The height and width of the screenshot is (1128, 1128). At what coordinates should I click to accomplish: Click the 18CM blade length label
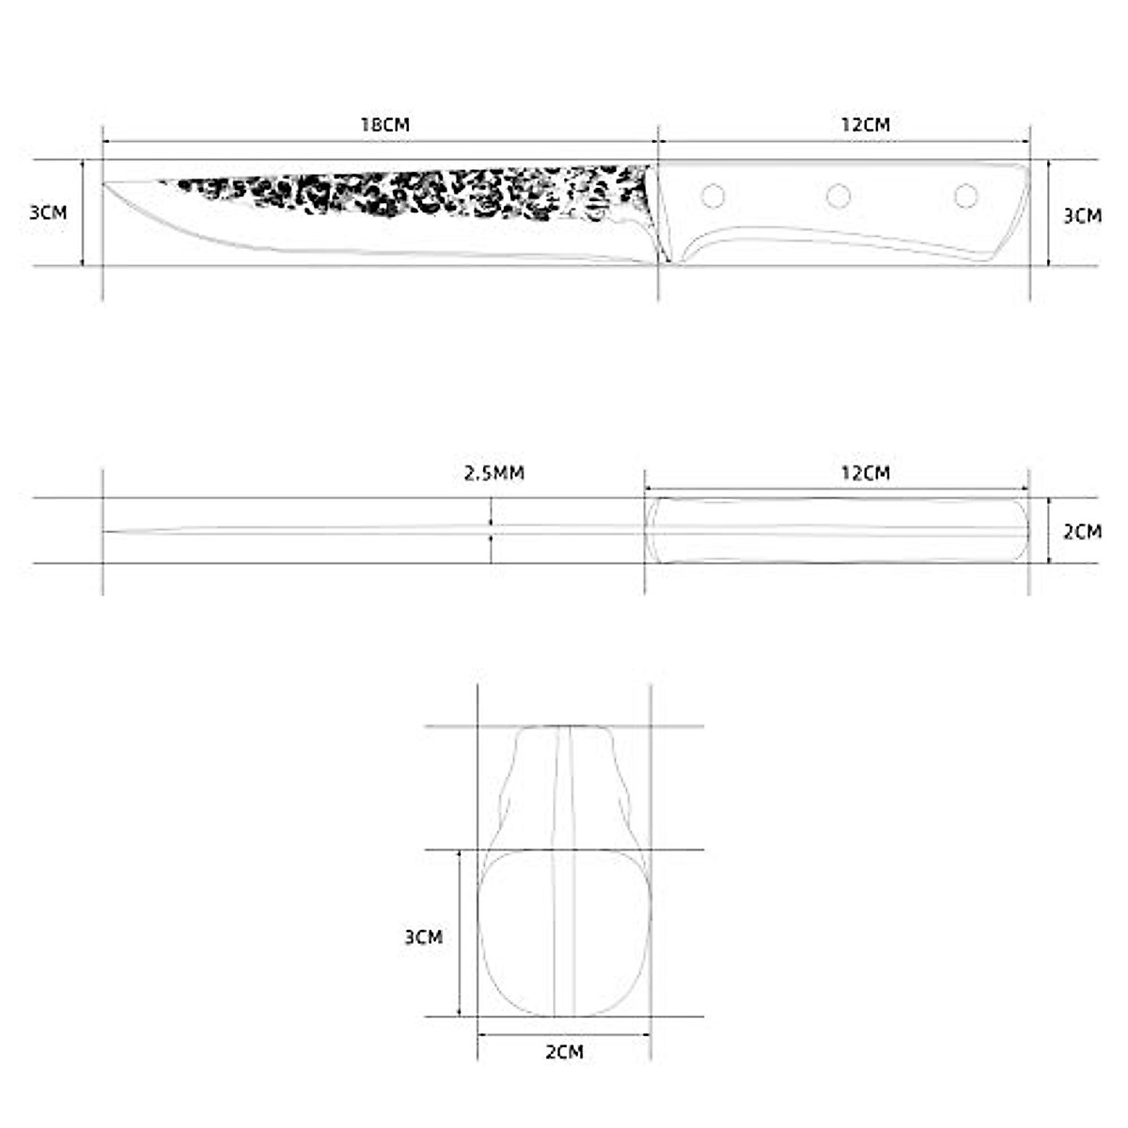tap(385, 124)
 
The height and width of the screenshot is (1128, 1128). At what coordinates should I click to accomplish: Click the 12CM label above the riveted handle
tap(865, 124)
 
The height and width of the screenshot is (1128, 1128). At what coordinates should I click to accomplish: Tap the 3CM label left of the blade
tap(48, 212)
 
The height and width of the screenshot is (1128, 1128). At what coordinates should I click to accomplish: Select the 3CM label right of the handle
tap(1082, 215)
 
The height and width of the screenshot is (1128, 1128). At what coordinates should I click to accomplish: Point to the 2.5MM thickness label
tap(494, 473)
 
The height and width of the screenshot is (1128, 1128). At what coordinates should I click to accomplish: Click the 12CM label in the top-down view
tap(865, 473)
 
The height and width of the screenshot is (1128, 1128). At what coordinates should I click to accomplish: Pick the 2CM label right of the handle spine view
tap(1082, 531)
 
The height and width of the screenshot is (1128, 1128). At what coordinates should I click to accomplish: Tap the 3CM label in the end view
tap(423, 937)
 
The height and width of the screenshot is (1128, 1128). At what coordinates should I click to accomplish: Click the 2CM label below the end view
tap(564, 1052)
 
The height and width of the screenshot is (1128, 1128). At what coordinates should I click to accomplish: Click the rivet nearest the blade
tap(713, 196)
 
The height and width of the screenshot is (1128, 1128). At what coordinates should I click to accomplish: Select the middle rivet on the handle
tap(838, 196)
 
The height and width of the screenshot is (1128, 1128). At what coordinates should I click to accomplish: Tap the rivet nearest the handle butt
tap(965, 196)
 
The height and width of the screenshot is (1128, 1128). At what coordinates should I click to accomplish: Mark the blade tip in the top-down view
tap(106, 532)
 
